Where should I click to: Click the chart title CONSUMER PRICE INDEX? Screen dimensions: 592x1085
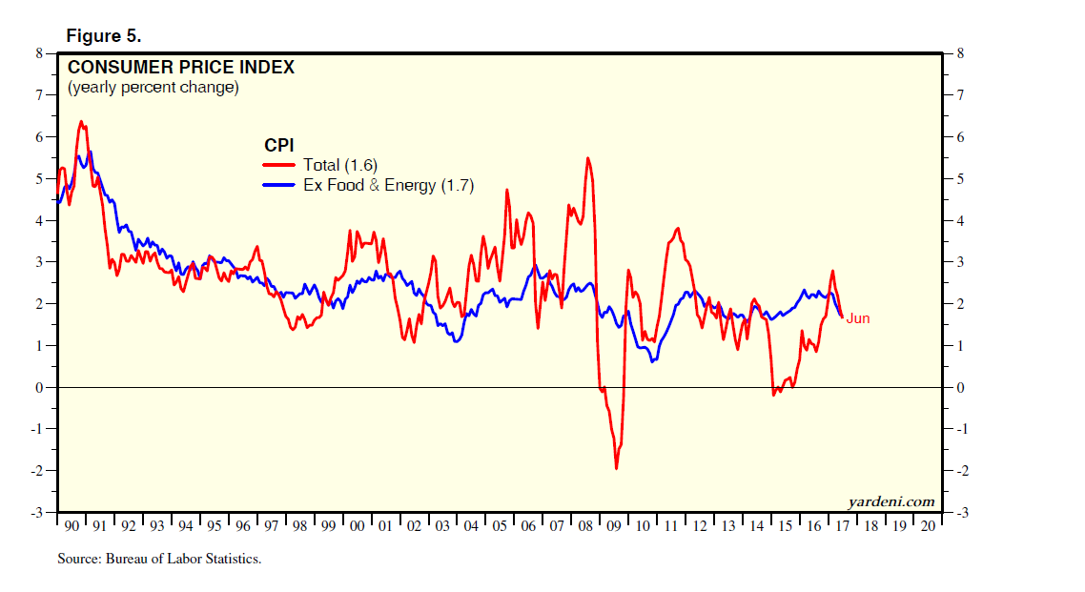point(180,68)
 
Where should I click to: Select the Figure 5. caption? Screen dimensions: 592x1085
point(103,36)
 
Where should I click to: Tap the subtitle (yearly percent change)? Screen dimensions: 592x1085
point(153,88)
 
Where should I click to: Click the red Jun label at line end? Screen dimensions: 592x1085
point(858,318)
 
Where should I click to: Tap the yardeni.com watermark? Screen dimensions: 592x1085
point(891,501)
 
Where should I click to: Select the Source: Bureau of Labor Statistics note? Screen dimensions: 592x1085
point(159,559)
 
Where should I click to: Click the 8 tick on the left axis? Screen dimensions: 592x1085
point(39,53)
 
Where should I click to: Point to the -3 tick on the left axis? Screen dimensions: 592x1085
point(36,513)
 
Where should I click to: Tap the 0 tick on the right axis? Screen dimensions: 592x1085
point(960,388)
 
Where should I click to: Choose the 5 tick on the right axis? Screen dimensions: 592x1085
point(960,179)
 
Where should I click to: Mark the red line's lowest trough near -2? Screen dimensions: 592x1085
point(616,468)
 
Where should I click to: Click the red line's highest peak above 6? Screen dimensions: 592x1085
point(81,121)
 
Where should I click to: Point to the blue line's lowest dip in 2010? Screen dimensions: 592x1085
point(653,361)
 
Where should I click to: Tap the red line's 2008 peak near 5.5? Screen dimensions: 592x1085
point(587,158)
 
